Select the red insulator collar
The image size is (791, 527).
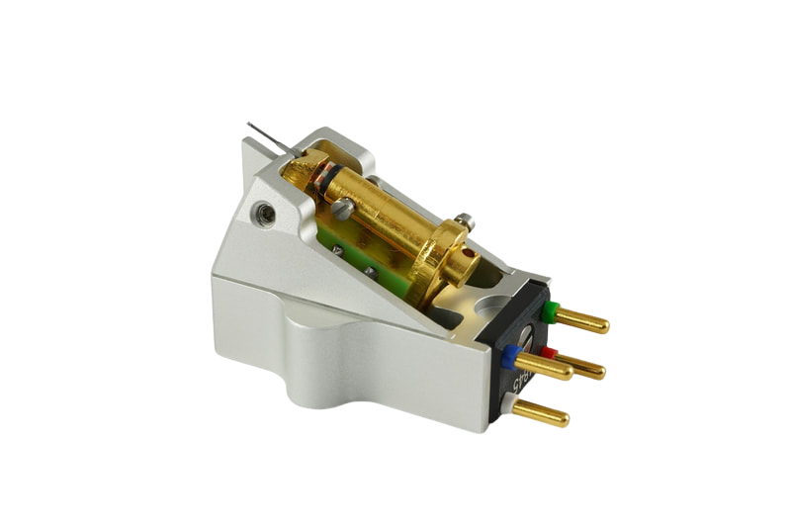click(550, 352)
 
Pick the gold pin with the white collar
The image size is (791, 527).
click(546, 413)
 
